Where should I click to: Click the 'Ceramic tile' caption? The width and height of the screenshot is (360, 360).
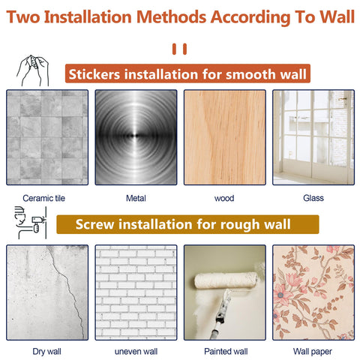(43, 198)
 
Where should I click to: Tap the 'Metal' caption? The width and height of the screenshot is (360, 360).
(136, 198)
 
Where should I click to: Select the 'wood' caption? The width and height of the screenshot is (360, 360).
(224, 198)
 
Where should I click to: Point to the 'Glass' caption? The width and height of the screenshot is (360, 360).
(313, 198)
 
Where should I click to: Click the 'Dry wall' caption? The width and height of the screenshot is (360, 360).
(46, 352)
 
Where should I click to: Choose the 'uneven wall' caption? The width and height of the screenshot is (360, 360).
(136, 352)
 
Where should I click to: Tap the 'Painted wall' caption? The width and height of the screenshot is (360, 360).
(226, 351)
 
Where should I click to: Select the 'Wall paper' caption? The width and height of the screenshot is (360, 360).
(313, 352)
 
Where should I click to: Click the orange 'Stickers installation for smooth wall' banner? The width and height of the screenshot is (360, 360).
(187, 73)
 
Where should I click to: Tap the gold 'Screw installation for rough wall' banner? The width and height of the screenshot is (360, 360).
(187, 224)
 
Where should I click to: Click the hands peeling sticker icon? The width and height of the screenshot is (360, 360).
(33, 70)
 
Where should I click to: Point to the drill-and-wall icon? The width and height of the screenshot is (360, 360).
(31, 223)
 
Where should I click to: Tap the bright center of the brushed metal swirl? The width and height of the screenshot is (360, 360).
(136, 136)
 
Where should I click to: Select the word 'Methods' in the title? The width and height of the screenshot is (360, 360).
(172, 17)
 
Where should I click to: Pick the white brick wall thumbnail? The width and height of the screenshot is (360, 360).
(136, 292)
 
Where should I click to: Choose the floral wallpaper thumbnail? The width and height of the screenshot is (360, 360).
(313, 292)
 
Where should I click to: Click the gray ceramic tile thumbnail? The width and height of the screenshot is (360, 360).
(47, 137)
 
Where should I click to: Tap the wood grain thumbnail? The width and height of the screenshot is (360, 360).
(225, 137)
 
